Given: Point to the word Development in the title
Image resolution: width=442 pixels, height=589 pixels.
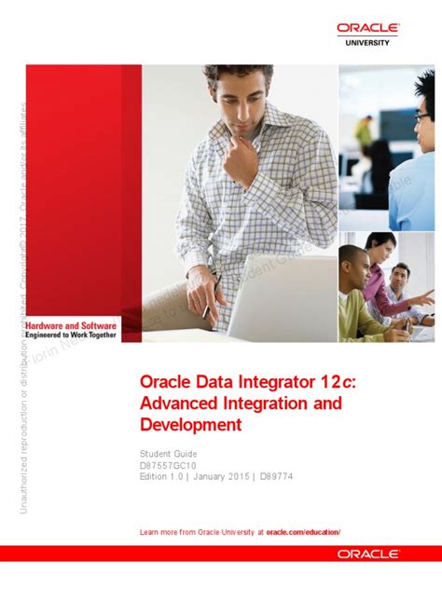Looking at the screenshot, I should (x=190, y=425).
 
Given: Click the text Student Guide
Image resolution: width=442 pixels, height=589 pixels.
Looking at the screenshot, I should (x=167, y=454).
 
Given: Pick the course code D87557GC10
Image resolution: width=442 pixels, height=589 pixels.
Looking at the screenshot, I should (x=171, y=466).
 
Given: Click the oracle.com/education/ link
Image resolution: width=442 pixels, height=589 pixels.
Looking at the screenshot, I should (x=303, y=531).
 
